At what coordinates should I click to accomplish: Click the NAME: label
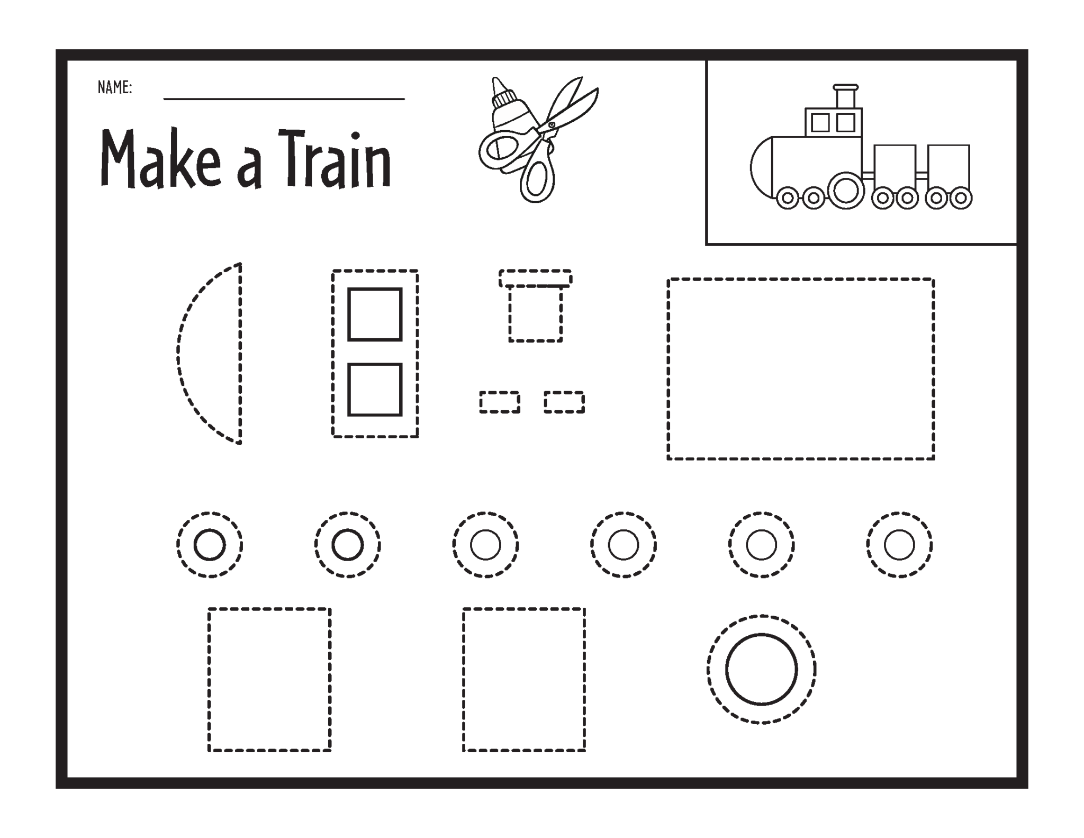pyautogui.click(x=114, y=87)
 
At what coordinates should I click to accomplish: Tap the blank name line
pyautogui.click(x=284, y=97)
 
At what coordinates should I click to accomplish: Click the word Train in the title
pyautogui.click(x=335, y=159)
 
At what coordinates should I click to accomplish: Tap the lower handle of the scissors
pyautogui.click(x=537, y=177)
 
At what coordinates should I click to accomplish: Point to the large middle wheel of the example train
pyautogui.click(x=845, y=191)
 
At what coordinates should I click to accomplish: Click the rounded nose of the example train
pyautogui.click(x=761, y=167)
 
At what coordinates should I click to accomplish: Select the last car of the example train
pyautogui.click(x=948, y=167)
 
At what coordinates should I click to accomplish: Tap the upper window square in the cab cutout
pyautogui.click(x=375, y=314)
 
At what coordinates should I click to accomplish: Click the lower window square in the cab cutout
pyautogui.click(x=375, y=390)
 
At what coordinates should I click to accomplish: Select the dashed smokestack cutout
pyautogui.click(x=536, y=310)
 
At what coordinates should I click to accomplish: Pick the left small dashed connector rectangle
pyautogui.click(x=500, y=402)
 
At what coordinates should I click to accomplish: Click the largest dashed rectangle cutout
pyautogui.click(x=801, y=369)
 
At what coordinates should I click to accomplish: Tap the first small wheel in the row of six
pyautogui.click(x=210, y=545)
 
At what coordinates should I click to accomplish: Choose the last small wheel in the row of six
pyautogui.click(x=899, y=545)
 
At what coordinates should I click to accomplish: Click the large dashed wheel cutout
pyautogui.click(x=761, y=670)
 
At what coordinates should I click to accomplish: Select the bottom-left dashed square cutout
pyautogui.click(x=269, y=680)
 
